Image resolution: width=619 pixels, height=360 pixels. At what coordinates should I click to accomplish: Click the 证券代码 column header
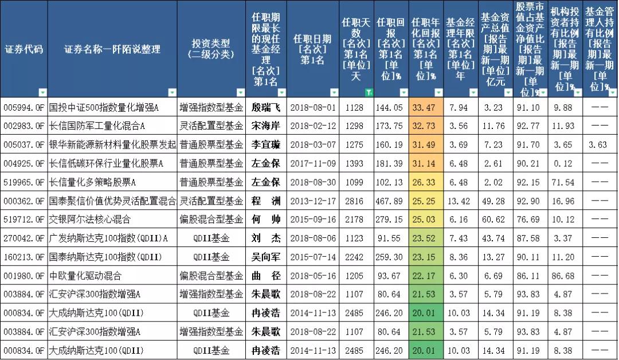pyautogui.click(x=23, y=49)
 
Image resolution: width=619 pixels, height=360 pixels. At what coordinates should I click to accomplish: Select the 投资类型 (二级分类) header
pyautogui.click(x=211, y=49)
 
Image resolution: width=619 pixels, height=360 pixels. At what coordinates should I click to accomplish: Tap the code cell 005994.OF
pyautogui.click(x=23, y=107)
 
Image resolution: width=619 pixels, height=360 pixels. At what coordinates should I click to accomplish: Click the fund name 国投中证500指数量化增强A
pyautogui.click(x=104, y=107)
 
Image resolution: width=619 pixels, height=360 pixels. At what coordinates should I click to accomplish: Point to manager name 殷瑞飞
pyautogui.click(x=267, y=107)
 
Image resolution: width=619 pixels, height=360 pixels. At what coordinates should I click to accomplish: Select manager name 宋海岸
pyautogui.click(x=267, y=126)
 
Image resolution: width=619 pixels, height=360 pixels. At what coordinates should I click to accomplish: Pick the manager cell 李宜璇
pyautogui.click(x=267, y=144)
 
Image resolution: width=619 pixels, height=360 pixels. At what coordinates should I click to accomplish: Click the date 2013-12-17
pyautogui.click(x=312, y=201)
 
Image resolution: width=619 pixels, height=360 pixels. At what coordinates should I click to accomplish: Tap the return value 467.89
pyautogui.click(x=391, y=201)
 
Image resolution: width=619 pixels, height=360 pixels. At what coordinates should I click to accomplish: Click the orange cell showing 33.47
pyautogui.click(x=425, y=107)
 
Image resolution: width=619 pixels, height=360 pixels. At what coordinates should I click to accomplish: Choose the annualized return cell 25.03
pyautogui.click(x=425, y=220)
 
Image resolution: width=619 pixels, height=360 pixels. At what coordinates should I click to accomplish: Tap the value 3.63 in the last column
pyautogui.click(x=598, y=144)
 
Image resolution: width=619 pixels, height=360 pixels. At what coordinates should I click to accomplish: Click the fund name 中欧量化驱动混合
pyautogui.click(x=85, y=276)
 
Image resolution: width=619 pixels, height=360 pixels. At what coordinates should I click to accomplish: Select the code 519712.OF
pyautogui.click(x=23, y=220)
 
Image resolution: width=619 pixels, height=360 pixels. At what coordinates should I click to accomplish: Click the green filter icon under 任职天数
pyautogui.click(x=370, y=92)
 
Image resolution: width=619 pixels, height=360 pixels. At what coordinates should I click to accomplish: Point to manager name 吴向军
pyautogui.click(x=267, y=257)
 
